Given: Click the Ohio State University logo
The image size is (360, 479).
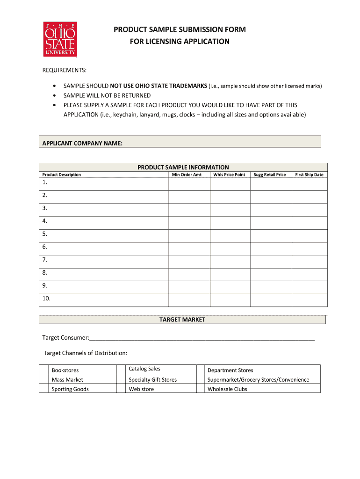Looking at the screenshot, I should (x=60, y=39).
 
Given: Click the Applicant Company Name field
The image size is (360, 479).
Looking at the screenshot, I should (x=220, y=142).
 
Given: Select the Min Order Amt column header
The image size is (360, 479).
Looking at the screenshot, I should (x=187, y=174).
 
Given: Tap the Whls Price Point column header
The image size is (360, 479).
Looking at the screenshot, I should (x=229, y=174).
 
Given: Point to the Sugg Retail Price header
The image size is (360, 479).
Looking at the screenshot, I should (x=270, y=174).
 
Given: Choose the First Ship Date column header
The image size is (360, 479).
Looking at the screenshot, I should (x=309, y=174).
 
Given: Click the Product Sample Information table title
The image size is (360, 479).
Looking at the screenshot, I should (x=183, y=167).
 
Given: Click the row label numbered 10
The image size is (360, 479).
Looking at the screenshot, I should (x=46, y=298).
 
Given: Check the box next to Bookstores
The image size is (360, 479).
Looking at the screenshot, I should (x=44, y=370).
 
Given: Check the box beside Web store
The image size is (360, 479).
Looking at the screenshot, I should (x=121, y=389).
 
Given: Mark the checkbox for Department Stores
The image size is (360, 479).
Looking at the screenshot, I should (x=200, y=370).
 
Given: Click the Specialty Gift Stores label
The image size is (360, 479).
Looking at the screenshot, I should (x=152, y=380).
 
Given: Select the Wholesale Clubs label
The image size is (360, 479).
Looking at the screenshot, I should (x=227, y=389).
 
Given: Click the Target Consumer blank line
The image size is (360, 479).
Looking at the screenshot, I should (x=202, y=338).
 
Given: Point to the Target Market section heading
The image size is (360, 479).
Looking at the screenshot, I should (x=182, y=320).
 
